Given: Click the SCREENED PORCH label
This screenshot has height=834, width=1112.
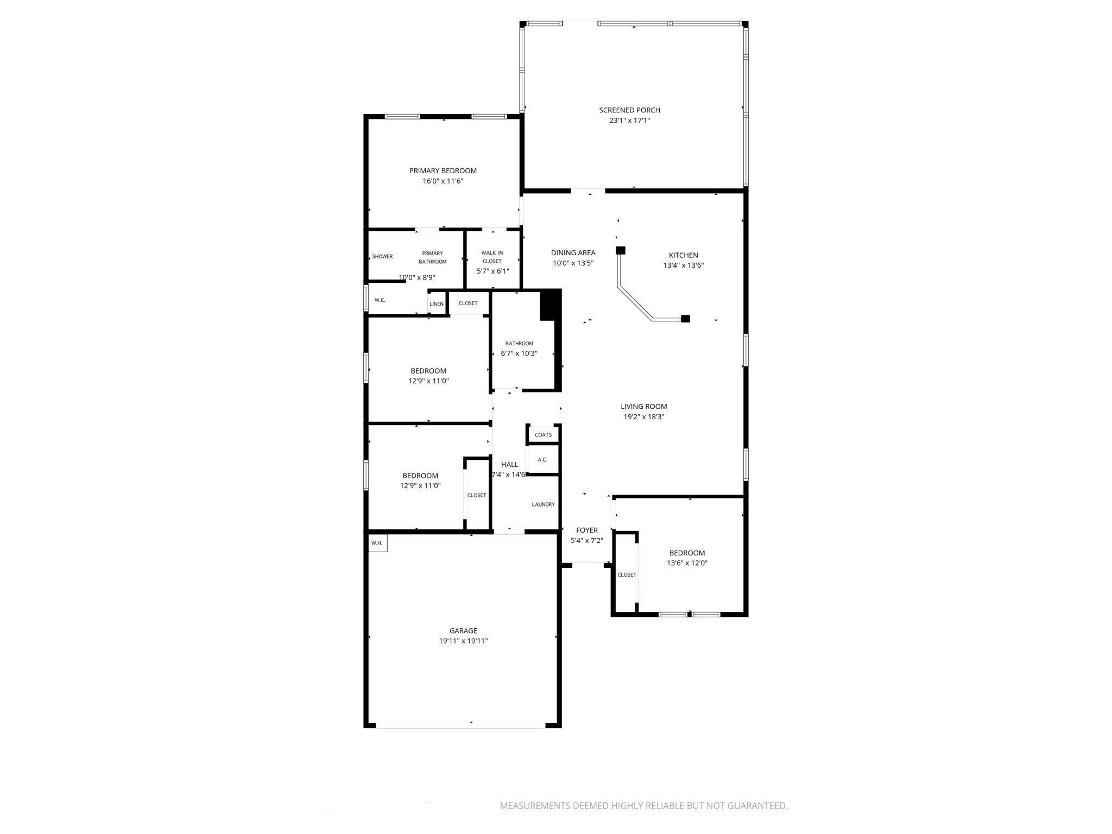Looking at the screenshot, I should click(x=629, y=110).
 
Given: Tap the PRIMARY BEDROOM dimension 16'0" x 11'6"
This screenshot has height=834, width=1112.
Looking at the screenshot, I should click(x=443, y=181).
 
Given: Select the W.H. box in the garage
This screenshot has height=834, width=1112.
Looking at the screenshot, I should click(x=377, y=543).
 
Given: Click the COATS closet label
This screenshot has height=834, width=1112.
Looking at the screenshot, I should click(x=543, y=435).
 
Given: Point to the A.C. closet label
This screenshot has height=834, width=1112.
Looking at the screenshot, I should click(x=542, y=460).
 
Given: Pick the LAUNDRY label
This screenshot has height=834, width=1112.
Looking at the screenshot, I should click(x=543, y=504).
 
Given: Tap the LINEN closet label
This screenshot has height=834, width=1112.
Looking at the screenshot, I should click(x=437, y=304).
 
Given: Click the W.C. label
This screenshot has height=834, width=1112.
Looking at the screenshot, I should click(x=380, y=300).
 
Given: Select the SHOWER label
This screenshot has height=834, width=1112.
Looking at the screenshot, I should click(x=382, y=257).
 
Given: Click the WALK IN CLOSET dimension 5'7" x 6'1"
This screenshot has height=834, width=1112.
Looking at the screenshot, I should click(x=492, y=271).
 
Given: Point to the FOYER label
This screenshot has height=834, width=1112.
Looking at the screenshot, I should click(x=587, y=530).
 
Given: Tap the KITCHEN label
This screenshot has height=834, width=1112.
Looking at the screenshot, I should click(x=683, y=255).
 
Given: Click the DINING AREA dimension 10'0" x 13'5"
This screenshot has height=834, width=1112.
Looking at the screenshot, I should click(x=573, y=263).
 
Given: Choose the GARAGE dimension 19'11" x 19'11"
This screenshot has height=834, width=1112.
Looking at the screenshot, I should click(x=463, y=641).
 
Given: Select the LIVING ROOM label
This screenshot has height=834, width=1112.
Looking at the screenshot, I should click(x=643, y=407).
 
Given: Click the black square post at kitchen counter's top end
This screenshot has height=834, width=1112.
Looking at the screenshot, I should click(x=621, y=250).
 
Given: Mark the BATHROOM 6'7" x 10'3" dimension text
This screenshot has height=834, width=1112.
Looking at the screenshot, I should click(x=519, y=353).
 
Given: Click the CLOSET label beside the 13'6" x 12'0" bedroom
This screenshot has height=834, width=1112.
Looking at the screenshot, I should click(x=627, y=575).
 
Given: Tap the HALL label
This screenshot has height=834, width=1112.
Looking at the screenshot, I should click(x=509, y=465).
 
